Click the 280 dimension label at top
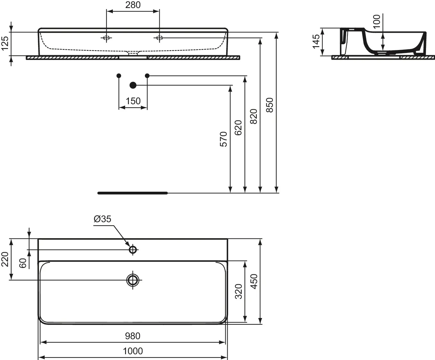click(133, 5)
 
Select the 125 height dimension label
click(5, 43)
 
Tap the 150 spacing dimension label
click(133, 101)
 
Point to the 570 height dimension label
click(223, 139)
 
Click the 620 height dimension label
click(238, 128)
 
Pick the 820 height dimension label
click(254, 117)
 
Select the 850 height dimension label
click(270, 105)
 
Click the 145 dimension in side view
click(316, 42)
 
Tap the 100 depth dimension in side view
click(377, 21)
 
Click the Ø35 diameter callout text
click(102, 219)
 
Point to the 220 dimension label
click(5, 259)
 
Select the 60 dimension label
click(23, 263)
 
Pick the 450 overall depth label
click(254, 281)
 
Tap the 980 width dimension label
click(133, 336)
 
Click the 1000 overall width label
click(133, 351)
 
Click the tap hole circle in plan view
click(133, 249)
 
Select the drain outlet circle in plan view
click(133, 280)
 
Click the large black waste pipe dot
click(133, 85)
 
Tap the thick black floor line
click(132, 193)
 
